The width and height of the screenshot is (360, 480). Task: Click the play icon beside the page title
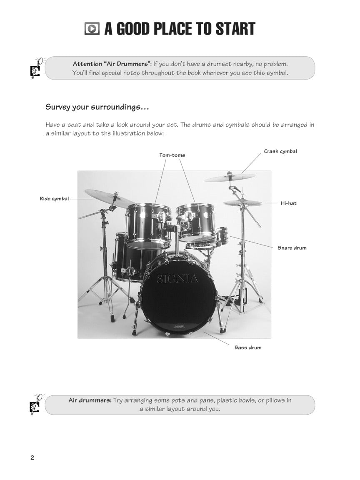[x=92, y=29]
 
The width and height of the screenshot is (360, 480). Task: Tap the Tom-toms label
[x=172, y=155]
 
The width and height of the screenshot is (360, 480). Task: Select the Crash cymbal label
[x=280, y=151]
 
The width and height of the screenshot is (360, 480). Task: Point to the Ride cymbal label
[x=54, y=199]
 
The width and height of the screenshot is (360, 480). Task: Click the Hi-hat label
[x=289, y=203]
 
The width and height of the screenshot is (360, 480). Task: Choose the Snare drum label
[x=292, y=247]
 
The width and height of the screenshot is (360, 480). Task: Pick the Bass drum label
[x=248, y=347]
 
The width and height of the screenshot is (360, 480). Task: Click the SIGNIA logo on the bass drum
[x=177, y=279]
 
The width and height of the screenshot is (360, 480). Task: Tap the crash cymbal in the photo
[x=229, y=177]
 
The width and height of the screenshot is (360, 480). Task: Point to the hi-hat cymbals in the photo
[x=243, y=202]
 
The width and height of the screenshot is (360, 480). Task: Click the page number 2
[x=32, y=457]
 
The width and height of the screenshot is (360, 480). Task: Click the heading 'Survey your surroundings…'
[x=97, y=107]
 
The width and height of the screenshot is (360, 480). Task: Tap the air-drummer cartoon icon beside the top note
[x=36, y=68]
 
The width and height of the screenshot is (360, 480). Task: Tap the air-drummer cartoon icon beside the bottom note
[x=36, y=404]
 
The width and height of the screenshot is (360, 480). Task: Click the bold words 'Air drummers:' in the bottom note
[x=90, y=400]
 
